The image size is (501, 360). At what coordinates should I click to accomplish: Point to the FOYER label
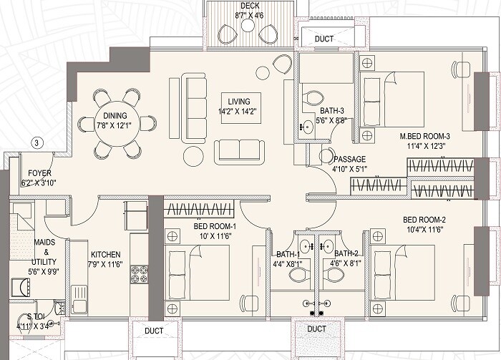coord(39,174)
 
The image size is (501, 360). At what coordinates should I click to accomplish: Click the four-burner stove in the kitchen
coord(139,274)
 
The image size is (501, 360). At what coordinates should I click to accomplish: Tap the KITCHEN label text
coord(105,256)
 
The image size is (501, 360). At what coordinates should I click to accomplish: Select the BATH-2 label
coord(346,253)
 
